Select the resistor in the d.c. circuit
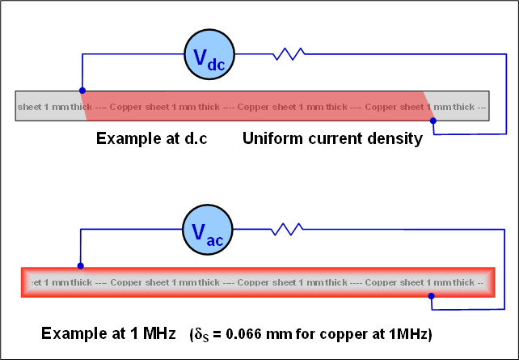[289, 54]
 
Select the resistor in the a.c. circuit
[287, 229]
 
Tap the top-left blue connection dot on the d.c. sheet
[82, 91]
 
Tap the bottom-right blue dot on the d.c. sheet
[433, 121]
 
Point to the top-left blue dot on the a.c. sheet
[80, 265]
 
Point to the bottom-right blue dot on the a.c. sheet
[431, 296]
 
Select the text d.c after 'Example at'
[196, 138]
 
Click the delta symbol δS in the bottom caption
[201, 335]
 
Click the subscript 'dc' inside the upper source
[216, 64]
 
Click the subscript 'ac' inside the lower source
[215, 241]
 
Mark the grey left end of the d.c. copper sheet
[49, 106]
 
